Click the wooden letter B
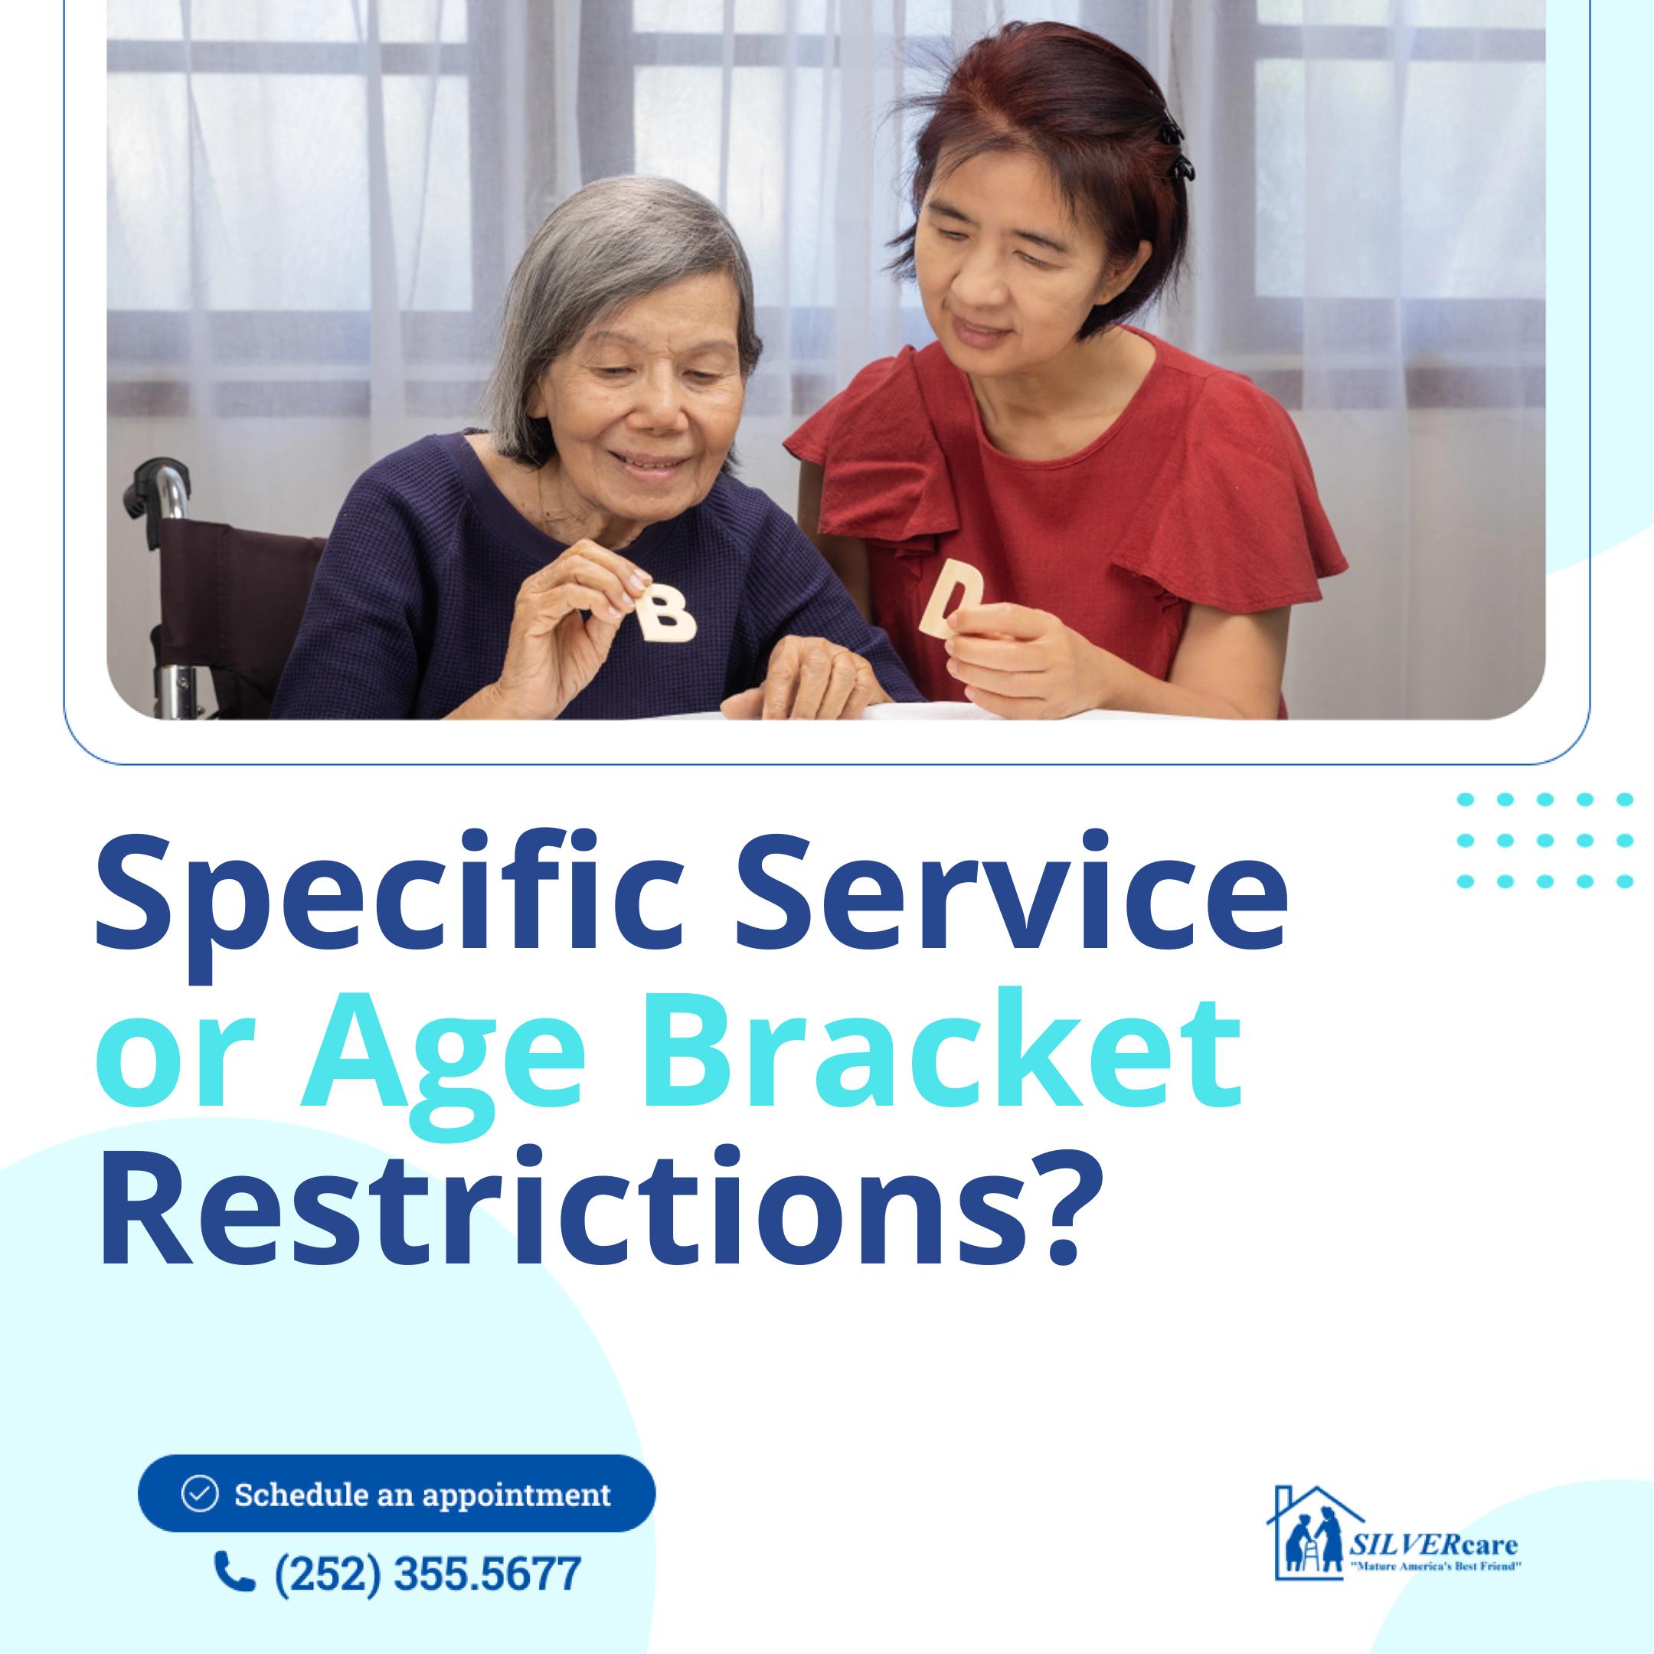click(x=667, y=610)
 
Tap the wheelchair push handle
click(x=154, y=487)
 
